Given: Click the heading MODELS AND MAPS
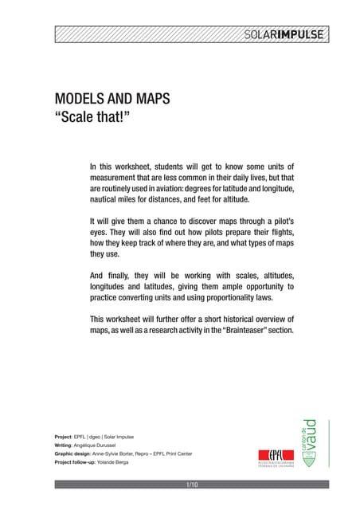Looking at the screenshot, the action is tap(112, 100).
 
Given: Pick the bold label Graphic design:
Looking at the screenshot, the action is tap(77, 453).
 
